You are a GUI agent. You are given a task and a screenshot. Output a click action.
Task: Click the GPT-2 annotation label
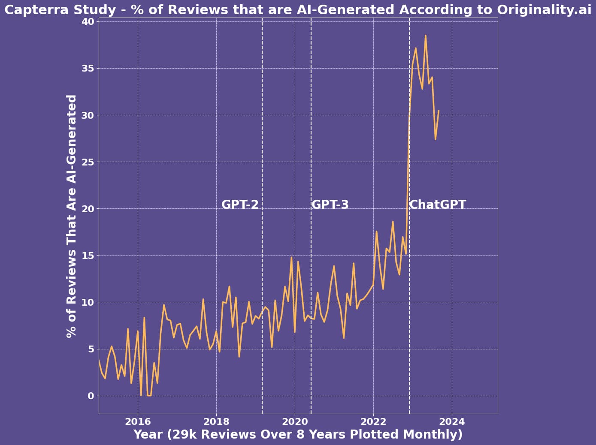[x=240, y=205]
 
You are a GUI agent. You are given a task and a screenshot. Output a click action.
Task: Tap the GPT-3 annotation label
[x=330, y=205]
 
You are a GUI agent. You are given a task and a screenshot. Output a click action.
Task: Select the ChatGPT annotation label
[x=438, y=205]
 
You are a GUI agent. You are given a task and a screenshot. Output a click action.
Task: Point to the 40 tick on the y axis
[x=88, y=21]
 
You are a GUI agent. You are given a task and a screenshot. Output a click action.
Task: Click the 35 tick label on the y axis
[x=88, y=68]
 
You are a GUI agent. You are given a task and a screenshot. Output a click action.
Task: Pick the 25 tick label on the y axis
[x=88, y=162]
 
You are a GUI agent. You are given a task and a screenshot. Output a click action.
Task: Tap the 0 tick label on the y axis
[x=91, y=396]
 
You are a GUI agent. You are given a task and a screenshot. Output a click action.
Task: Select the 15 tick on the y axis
[x=88, y=256]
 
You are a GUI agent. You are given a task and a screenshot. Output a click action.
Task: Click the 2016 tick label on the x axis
[x=138, y=422]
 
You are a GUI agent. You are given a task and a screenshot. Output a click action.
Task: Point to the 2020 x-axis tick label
[x=295, y=422]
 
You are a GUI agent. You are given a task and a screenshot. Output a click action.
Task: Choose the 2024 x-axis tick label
[x=452, y=422]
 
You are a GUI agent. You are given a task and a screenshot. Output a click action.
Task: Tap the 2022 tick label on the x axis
[x=373, y=422]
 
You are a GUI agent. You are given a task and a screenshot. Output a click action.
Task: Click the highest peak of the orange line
[x=425, y=36]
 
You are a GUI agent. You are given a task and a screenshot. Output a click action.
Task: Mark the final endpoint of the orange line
[x=439, y=111]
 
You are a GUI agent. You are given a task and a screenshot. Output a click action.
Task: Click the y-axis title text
[x=72, y=216]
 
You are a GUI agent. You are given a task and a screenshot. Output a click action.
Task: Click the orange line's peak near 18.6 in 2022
[x=393, y=222]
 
